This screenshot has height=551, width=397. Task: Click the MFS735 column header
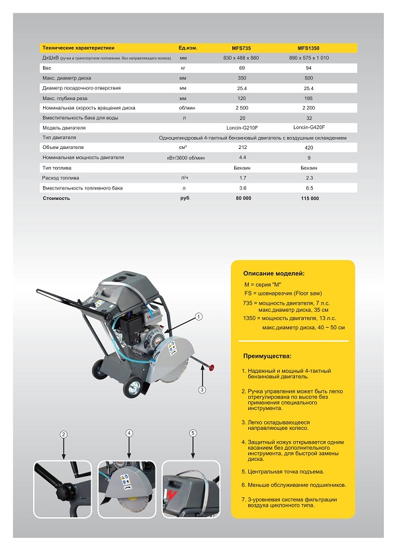pyautogui.click(x=241, y=48)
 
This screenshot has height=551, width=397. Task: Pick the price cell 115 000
pyautogui.click(x=309, y=198)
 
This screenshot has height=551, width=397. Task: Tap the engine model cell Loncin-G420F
pyautogui.click(x=309, y=127)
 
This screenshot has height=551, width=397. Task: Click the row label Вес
pyautogui.click(x=46, y=68)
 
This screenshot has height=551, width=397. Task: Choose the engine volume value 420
pyautogui.click(x=309, y=148)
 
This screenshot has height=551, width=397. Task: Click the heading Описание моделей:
pyautogui.click(x=274, y=273)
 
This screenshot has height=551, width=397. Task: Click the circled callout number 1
pyautogui.click(x=198, y=317)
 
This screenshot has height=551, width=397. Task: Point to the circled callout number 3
pyautogui.click(x=202, y=389)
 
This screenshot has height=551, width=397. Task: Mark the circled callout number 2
pyautogui.click(x=64, y=434)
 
